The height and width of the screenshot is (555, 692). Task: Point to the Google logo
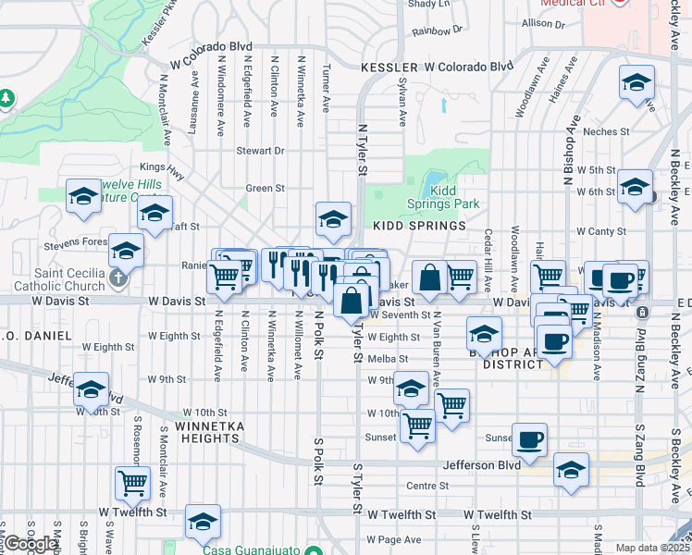click(x=31, y=544)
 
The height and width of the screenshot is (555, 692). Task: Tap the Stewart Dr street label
click(x=260, y=151)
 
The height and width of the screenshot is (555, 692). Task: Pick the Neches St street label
click(x=606, y=132)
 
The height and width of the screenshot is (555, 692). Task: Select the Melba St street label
click(x=388, y=359)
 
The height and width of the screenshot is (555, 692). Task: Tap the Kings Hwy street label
click(x=156, y=167)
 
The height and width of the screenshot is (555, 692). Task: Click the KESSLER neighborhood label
click(x=389, y=68)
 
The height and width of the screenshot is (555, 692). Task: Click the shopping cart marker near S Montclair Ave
click(x=132, y=482)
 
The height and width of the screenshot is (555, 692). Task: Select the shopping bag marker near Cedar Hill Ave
click(x=430, y=277)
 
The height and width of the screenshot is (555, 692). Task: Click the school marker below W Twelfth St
click(x=203, y=522)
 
